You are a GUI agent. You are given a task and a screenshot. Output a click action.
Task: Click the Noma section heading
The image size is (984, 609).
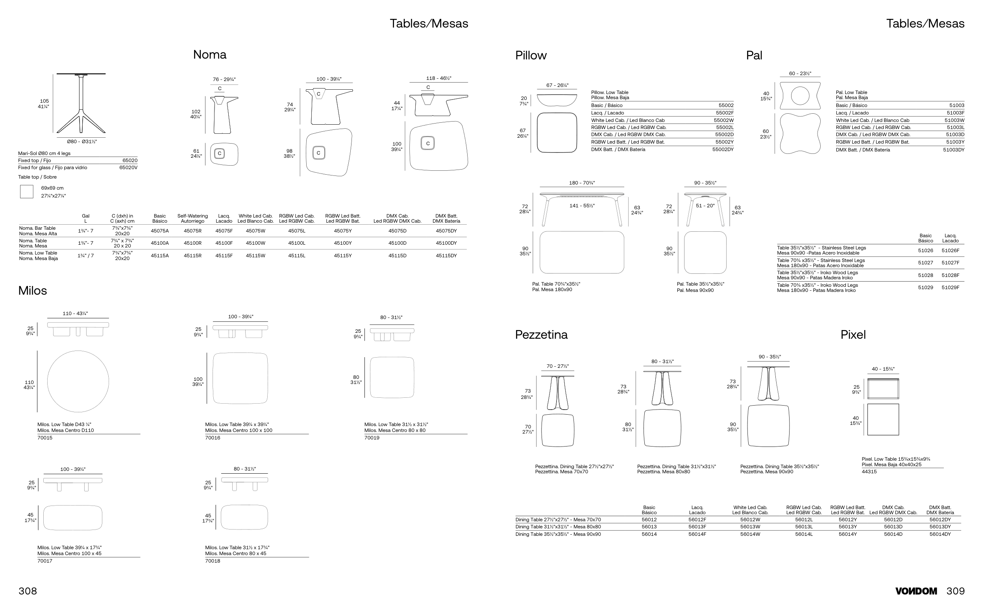(x=209, y=54)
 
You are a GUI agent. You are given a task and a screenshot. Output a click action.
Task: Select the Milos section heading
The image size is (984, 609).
(x=33, y=290)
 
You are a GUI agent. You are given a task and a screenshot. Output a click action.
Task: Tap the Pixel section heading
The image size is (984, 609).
(x=853, y=335)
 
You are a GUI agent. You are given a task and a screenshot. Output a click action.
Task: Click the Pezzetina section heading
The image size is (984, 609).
(x=541, y=335)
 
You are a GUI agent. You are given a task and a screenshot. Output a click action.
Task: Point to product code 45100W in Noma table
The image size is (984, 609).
(x=255, y=243)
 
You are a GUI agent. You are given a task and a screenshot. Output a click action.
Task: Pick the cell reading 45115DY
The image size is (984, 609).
(x=446, y=256)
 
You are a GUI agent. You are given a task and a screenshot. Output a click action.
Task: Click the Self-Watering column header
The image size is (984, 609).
(x=192, y=218)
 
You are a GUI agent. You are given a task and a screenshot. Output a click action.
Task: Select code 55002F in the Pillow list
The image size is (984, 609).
(x=725, y=113)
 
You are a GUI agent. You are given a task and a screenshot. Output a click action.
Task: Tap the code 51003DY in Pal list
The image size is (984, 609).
(x=953, y=150)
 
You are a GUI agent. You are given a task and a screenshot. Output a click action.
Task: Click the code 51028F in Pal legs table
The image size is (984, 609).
(x=950, y=275)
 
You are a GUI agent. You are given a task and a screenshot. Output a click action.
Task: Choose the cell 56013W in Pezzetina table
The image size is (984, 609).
(x=750, y=527)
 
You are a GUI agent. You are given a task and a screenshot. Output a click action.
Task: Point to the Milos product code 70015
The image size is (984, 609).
(x=45, y=438)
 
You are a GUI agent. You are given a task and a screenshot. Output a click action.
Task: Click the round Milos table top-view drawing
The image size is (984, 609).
(x=78, y=381)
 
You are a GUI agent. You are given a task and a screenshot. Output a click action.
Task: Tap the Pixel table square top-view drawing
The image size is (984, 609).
(x=883, y=419)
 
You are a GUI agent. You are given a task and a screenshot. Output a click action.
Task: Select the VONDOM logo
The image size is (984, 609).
(x=916, y=591)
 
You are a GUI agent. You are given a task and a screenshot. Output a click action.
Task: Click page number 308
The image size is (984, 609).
(x=28, y=591)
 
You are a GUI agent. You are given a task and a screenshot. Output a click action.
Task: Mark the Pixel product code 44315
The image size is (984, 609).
(x=869, y=472)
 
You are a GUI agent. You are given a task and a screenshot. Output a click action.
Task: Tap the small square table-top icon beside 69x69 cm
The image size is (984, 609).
(x=27, y=192)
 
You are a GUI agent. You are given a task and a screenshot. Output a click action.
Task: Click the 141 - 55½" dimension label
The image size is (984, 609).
(x=581, y=206)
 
